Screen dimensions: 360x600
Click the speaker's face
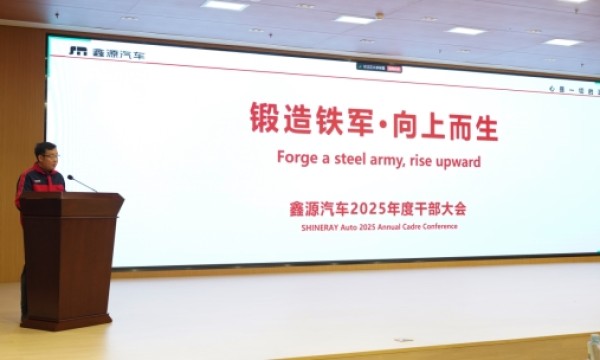pyautogui.click(x=45, y=158)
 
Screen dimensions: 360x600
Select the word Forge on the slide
pyautogui.click(x=296, y=159)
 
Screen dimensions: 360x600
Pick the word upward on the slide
pyautogui.click(x=456, y=160)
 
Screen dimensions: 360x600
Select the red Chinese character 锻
pyautogui.click(x=263, y=122)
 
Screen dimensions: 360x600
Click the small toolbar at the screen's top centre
pyautogui.click(x=380, y=67)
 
